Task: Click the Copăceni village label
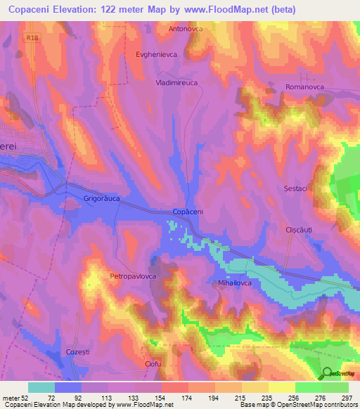click(188, 212)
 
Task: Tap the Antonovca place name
click(186, 30)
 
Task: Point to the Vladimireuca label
click(177, 82)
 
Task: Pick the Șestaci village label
click(294, 189)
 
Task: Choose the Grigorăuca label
click(102, 199)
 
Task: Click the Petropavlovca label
click(133, 277)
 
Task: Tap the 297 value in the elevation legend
click(345, 397)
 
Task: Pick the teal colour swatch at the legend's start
click(41, 387)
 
